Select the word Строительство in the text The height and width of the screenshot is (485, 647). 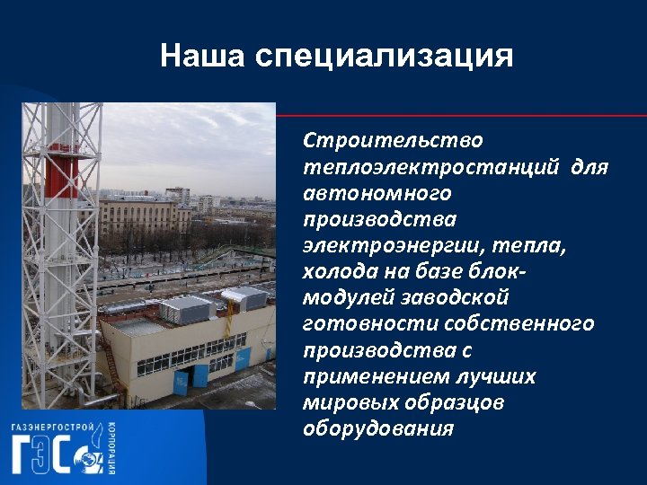click(393, 142)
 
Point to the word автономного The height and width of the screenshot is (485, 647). click(377, 194)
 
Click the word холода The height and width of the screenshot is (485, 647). click(341, 272)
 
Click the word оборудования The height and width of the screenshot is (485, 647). click(378, 429)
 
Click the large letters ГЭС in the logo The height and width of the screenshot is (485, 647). click(50, 454)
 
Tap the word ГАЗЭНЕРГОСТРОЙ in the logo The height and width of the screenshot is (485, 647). click(52, 428)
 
